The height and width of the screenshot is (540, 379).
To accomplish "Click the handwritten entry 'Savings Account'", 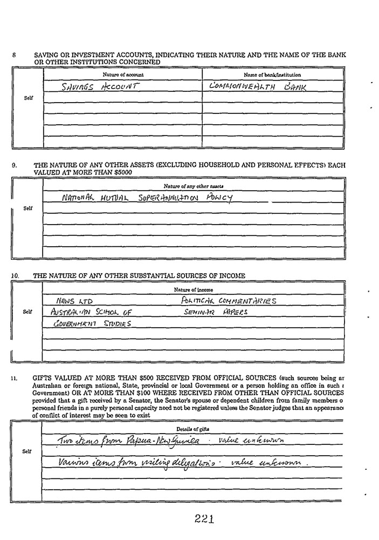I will pos(101,86).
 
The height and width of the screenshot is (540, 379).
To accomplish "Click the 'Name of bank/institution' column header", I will pos(272,74).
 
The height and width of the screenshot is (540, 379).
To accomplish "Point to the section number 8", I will pos(13,55).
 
